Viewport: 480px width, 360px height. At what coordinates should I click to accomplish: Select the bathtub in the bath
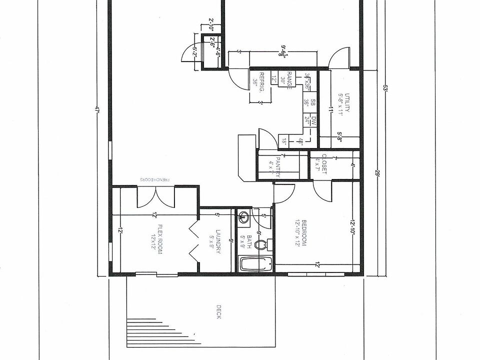(x=255, y=264)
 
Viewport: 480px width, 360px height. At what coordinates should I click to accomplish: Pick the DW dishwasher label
(x=313, y=120)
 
